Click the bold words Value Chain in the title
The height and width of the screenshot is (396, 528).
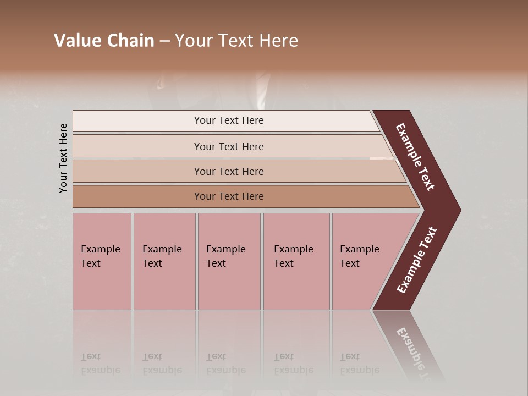[x=104, y=41]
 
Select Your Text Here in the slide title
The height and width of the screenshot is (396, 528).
[x=237, y=41]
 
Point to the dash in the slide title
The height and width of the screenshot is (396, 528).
[x=164, y=41]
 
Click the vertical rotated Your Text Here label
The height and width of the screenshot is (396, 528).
[x=64, y=158]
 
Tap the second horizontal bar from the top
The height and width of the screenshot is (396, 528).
[x=229, y=146]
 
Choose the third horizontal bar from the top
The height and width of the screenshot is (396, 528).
[x=229, y=171]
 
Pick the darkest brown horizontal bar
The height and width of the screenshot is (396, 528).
[x=229, y=196]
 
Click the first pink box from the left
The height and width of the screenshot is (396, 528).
[x=102, y=261]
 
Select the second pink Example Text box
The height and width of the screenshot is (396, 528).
[x=164, y=261]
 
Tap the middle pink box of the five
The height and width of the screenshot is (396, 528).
[x=229, y=261]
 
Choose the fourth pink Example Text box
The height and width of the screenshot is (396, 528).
[x=296, y=261]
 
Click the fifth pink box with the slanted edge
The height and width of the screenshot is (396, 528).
[x=360, y=261]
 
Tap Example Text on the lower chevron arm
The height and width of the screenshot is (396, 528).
[x=417, y=260]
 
